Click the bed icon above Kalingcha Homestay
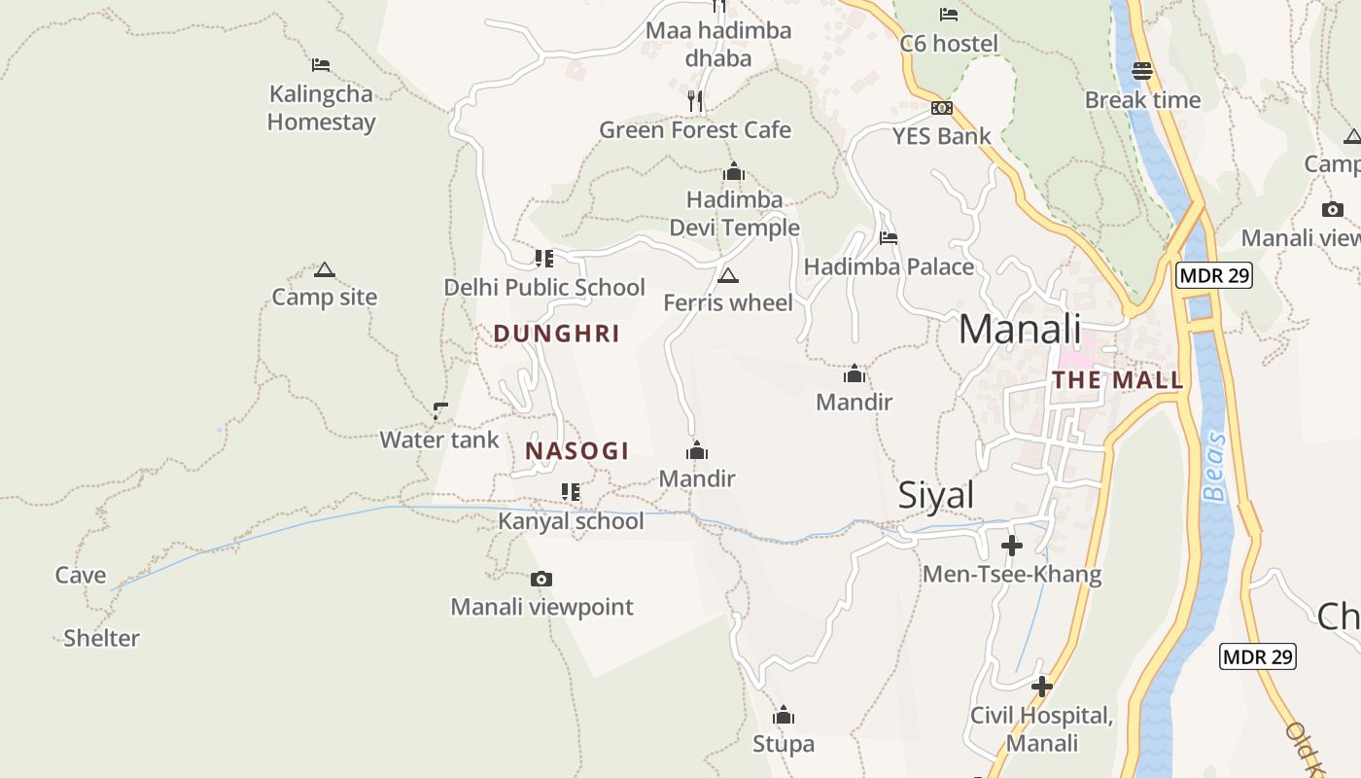pos(321,65)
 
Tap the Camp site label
pos(324,298)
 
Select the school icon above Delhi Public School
pos(544,259)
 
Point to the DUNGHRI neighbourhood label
pos(556,334)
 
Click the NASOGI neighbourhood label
pos(577,451)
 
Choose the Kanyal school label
pos(571,521)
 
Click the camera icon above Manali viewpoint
pos(541,580)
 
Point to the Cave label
pos(81,576)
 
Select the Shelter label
pos(101,639)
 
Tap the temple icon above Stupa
pos(784,717)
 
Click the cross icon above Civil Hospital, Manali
pos(1042,688)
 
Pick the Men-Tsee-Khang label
pos(1012,575)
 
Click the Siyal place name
pos(935,496)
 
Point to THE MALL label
pos(1118,380)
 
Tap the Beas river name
pos(1214,467)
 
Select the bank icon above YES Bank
pos(941,108)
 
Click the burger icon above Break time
pos(1142,71)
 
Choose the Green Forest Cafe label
pos(695,130)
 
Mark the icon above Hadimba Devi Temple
pos(734,172)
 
